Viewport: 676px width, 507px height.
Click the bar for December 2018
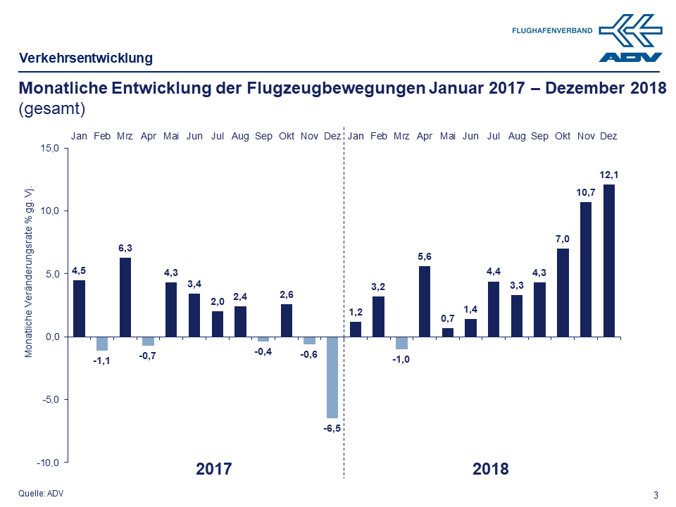[608, 261]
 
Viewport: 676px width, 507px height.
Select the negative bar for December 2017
[332, 377]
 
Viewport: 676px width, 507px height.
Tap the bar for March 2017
[125, 297]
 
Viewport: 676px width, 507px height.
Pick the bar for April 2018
[425, 301]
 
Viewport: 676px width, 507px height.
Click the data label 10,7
[586, 192]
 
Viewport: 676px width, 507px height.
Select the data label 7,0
[563, 239]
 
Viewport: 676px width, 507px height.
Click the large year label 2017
[214, 469]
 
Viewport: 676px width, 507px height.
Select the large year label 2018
[491, 469]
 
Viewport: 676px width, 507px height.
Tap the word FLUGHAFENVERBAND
[552, 30]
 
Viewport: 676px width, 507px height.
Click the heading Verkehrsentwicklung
[85, 58]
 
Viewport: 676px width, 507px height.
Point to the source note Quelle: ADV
[41, 494]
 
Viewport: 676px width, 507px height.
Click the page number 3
[656, 494]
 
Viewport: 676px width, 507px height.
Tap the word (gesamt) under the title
[51, 109]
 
